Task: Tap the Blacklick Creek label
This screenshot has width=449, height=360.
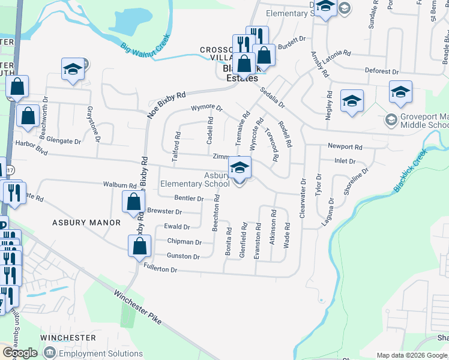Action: (x=414, y=172)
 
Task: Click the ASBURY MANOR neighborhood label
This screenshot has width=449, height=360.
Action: (x=86, y=223)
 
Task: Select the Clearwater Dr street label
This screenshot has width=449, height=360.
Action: (x=304, y=202)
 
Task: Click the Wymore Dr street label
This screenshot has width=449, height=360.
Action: (x=206, y=108)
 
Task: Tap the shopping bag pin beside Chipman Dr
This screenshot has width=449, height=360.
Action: (x=139, y=245)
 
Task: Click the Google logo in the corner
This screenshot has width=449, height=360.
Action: (x=19, y=353)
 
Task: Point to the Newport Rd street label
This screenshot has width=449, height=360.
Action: (x=345, y=146)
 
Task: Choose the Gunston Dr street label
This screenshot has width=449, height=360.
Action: (x=184, y=256)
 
